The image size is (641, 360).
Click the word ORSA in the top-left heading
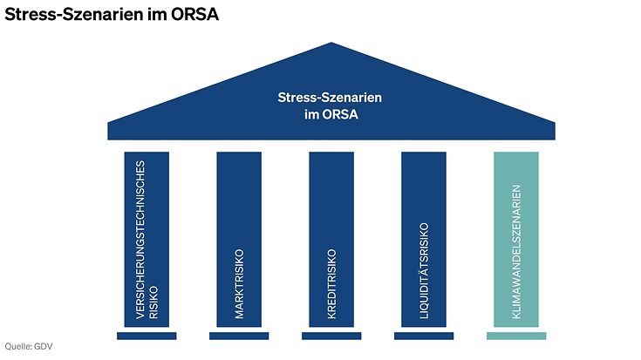click(x=195, y=14)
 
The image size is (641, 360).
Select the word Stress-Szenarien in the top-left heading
click(x=74, y=14)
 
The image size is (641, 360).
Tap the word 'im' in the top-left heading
click(x=157, y=14)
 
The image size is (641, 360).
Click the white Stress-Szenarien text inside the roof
click(x=330, y=98)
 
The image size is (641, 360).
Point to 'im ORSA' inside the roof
click(x=331, y=114)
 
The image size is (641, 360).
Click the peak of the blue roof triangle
click(x=331, y=43)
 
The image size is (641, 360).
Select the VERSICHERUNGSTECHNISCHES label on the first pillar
click(x=140, y=240)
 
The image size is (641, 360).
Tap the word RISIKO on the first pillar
click(x=153, y=302)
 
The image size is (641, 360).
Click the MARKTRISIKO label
click(x=239, y=284)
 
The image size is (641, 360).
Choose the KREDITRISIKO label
click(x=331, y=284)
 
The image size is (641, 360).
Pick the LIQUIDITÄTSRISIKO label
click(x=424, y=271)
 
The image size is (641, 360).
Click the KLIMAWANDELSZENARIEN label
click(x=516, y=252)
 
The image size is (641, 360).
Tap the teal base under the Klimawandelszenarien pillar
click(x=516, y=336)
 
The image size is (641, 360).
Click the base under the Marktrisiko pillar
click(x=239, y=336)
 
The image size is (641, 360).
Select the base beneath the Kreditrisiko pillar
click(x=331, y=336)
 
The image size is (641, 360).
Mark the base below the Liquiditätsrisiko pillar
click(x=424, y=336)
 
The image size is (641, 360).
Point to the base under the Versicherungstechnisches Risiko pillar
click(x=147, y=336)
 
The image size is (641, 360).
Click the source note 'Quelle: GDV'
click(x=29, y=347)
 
